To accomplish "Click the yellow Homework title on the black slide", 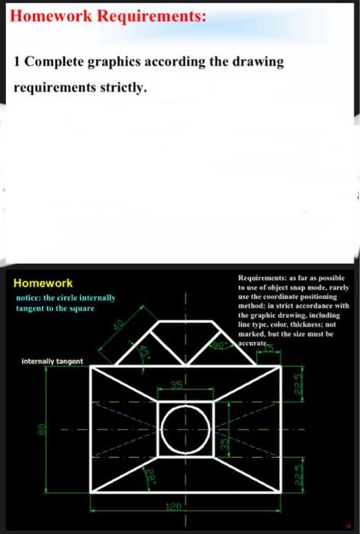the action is [43, 283].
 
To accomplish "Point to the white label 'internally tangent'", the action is [53, 360].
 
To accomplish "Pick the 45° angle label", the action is [145, 352].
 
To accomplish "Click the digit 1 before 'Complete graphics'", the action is [18, 62].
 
